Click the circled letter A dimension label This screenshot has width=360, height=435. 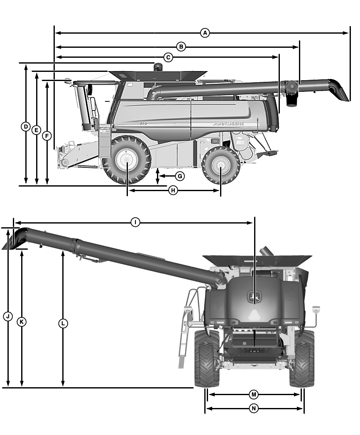[x=205, y=33]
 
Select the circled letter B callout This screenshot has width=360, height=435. [x=181, y=47]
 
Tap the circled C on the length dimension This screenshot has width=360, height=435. [x=168, y=57]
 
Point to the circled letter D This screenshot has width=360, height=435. [x=26, y=127]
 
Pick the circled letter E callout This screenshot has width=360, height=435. [x=37, y=130]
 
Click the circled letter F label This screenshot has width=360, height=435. [x=47, y=136]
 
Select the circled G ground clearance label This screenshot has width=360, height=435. [x=180, y=176]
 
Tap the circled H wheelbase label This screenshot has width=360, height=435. [x=173, y=190]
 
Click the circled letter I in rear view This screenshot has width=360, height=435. [x=135, y=222]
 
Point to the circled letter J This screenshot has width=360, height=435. [x=8, y=316]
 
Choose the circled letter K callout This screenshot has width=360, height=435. [x=22, y=322]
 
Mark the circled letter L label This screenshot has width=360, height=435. [x=63, y=323]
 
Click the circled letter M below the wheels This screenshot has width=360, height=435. [x=254, y=394]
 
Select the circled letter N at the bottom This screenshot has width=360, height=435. [x=254, y=408]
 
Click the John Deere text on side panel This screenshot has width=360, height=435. [x=228, y=123]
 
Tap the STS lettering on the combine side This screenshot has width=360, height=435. [x=142, y=123]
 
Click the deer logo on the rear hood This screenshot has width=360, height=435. [x=255, y=296]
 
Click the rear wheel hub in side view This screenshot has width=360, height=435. [x=221, y=166]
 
